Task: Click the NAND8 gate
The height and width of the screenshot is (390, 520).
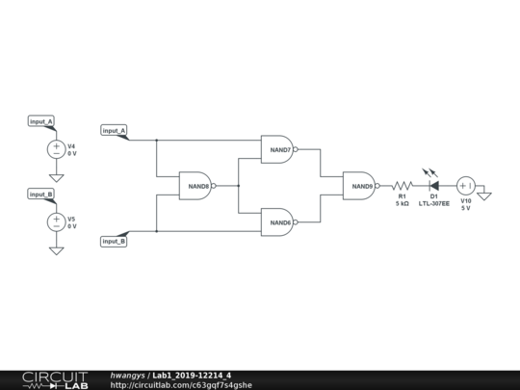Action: point(195,185)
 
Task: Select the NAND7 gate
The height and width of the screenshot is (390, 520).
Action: point(277,149)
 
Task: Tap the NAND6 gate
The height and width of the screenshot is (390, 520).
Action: point(277,221)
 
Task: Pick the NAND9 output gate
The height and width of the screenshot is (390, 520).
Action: point(359,186)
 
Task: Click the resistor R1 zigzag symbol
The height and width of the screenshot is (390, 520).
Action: point(402,186)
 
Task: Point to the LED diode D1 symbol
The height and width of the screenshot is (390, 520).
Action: point(433,186)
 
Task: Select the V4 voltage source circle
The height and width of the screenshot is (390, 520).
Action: point(56,149)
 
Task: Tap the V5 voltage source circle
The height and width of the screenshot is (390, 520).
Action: point(56,221)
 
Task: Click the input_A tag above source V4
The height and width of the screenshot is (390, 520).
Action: point(41,121)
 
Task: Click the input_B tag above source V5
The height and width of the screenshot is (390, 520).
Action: point(41,194)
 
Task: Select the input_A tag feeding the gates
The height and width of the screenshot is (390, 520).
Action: point(114,130)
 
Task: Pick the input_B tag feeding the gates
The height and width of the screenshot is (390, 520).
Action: point(114,241)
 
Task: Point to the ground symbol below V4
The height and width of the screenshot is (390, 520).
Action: point(56,178)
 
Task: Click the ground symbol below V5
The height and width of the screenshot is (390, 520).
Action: point(56,250)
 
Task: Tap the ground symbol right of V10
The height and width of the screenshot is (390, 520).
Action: point(484,196)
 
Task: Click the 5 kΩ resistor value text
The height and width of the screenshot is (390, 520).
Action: point(402,204)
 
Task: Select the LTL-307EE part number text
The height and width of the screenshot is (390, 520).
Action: point(434,204)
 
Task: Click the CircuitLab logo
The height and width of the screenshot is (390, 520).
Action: point(55,379)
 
